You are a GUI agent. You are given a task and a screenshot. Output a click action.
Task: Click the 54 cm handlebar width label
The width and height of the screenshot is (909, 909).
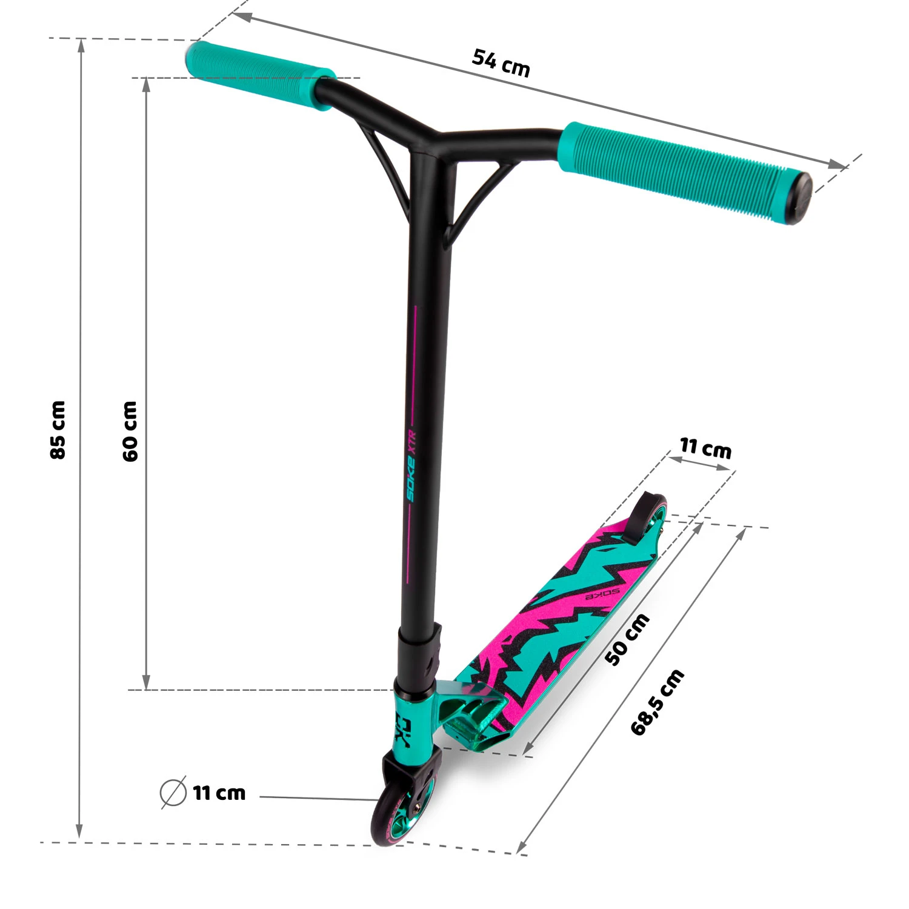point(501,63)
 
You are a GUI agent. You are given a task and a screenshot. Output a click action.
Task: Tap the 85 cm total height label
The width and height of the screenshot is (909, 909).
point(58,430)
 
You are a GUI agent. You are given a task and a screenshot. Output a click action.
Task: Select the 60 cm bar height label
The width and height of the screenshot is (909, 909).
point(130,431)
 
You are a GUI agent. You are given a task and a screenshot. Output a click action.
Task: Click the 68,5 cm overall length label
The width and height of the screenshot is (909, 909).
point(658,702)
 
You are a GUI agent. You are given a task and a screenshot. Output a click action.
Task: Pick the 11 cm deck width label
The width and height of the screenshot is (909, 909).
point(705,448)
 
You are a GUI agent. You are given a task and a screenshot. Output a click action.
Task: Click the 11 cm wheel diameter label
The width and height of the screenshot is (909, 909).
point(219,793)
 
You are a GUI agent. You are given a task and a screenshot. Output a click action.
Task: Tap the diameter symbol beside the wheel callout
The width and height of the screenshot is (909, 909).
point(173,792)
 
